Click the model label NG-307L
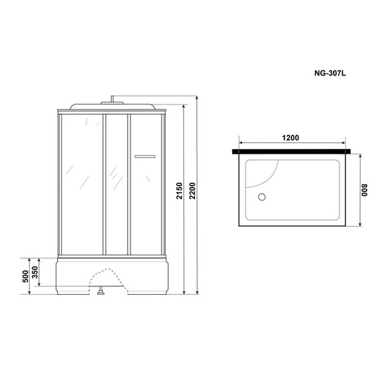[329, 73]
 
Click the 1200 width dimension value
[291, 138]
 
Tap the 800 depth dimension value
[365, 190]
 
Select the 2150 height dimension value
[179, 190]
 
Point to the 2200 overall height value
[192, 190]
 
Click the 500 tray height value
[25, 276]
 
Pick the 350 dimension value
[35, 272]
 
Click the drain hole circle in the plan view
[262, 197]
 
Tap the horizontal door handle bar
[145, 157]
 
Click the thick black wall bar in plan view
[291, 152]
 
